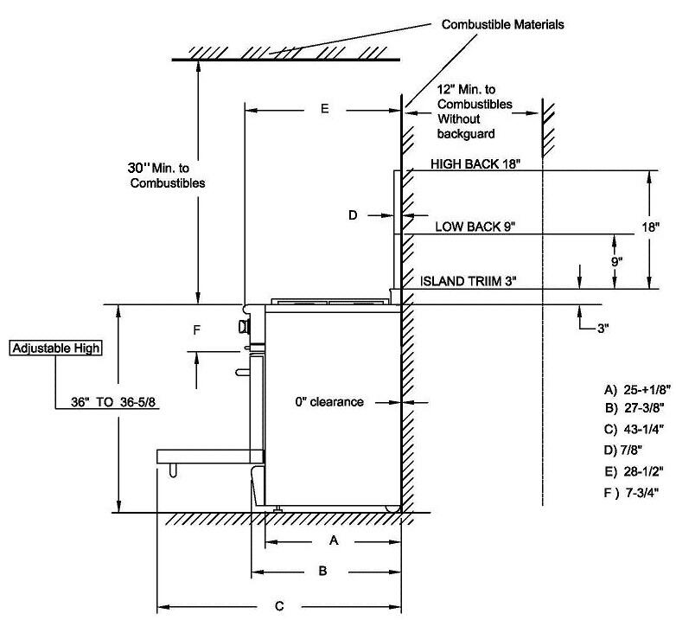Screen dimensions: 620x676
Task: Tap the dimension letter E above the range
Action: click(x=324, y=109)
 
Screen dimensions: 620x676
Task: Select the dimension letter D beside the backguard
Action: click(x=353, y=215)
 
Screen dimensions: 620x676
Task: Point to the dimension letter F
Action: click(x=196, y=329)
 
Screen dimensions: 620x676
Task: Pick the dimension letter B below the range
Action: click(x=322, y=571)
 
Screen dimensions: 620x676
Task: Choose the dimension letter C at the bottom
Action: click(x=278, y=604)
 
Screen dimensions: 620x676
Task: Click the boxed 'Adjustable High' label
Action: click(x=56, y=348)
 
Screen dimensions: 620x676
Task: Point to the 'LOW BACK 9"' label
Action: click(x=475, y=227)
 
